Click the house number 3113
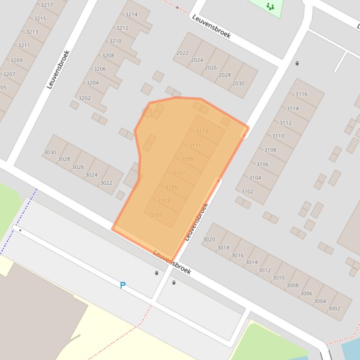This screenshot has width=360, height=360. pyautogui.click(x=202, y=131)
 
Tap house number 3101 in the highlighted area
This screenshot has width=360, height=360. pyautogui.click(x=156, y=215)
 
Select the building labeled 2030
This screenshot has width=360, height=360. pyautogui.click(x=238, y=83)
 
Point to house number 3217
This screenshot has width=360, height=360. pyautogui.click(x=47, y=5)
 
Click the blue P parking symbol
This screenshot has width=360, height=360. pyautogui.click(x=123, y=285)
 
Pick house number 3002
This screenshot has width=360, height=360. pyautogui.click(x=334, y=308)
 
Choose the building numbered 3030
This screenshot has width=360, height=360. pyautogui.click(x=50, y=152)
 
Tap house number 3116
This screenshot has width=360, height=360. pyautogui.click(x=301, y=94)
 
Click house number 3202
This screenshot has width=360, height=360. pyautogui.click(x=85, y=98)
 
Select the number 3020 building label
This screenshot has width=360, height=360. pyautogui.click(x=209, y=239)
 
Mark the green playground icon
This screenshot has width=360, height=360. pyautogui.click(x=270, y=6)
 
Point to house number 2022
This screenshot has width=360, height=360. pyautogui.click(x=182, y=53)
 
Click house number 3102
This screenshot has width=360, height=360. pyautogui.click(x=247, y=192)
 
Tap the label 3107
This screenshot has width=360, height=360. pyautogui.click(x=179, y=173)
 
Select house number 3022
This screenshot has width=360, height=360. pyautogui.click(x=106, y=183)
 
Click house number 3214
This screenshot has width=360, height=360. pyautogui.click(x=131, y=14)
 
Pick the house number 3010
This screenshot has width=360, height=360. pyautogui.click(x=278, y=277)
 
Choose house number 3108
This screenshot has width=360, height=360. pyautogui.click(x=270, y=150)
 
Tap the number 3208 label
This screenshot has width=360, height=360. pyautogui.click(x=108, y=56)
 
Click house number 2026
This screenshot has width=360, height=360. pyautogui.click(x=210, y=67)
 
